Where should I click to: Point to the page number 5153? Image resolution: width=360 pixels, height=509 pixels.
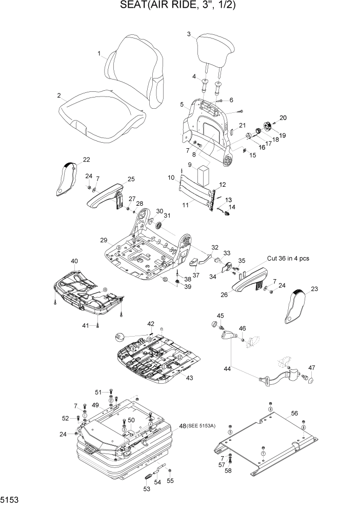click(11, 499)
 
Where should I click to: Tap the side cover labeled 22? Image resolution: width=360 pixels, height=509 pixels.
click(67, 179)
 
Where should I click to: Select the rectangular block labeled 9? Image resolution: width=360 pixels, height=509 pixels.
click(205, 175)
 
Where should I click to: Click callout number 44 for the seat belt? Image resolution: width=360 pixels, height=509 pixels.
click(227, 369)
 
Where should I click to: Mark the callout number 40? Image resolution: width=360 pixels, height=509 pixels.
click(74, 261)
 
